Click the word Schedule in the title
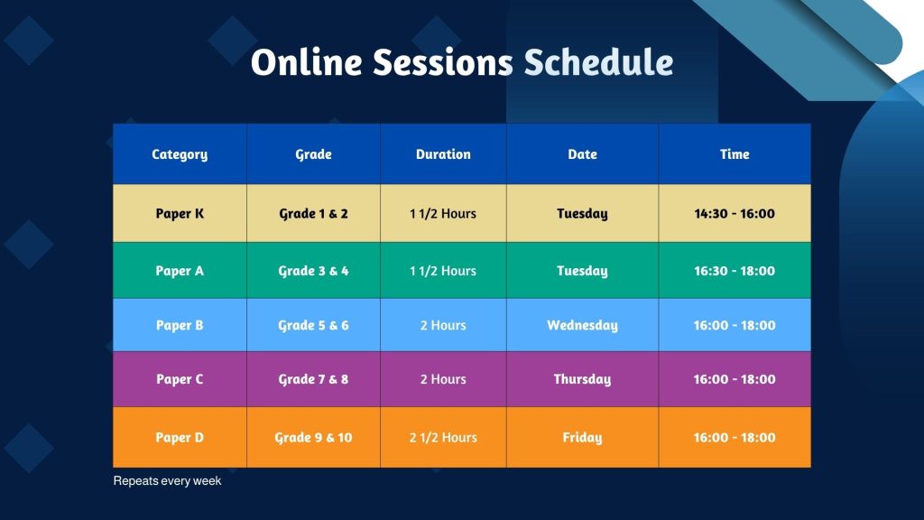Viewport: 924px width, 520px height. (598, 62)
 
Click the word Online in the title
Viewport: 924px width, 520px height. (307, 62)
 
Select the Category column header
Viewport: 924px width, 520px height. (180, 154)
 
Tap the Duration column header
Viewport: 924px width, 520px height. (443, 154)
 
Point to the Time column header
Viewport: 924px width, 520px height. (735, 154)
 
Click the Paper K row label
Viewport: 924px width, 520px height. (180, 213)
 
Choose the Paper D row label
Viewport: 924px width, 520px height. (180, 438)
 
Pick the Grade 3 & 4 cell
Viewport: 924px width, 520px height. (313, 271)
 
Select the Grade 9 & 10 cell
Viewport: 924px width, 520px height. (313, 438)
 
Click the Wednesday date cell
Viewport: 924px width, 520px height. (582, 325)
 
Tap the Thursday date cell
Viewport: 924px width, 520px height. (582, 379)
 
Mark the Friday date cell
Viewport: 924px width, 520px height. (582, 438)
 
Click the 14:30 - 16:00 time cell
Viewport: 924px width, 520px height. (735, 213)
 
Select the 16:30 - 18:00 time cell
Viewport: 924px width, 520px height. (735, 271)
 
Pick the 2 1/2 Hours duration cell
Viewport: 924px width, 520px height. (443, 438)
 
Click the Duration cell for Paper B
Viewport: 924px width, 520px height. (443, 325)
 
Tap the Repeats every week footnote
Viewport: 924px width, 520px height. (167, 481)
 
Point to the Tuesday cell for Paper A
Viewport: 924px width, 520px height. (582, 271)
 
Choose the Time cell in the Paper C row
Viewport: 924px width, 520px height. (735, 379)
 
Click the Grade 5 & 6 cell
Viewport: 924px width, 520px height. (313, 325)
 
